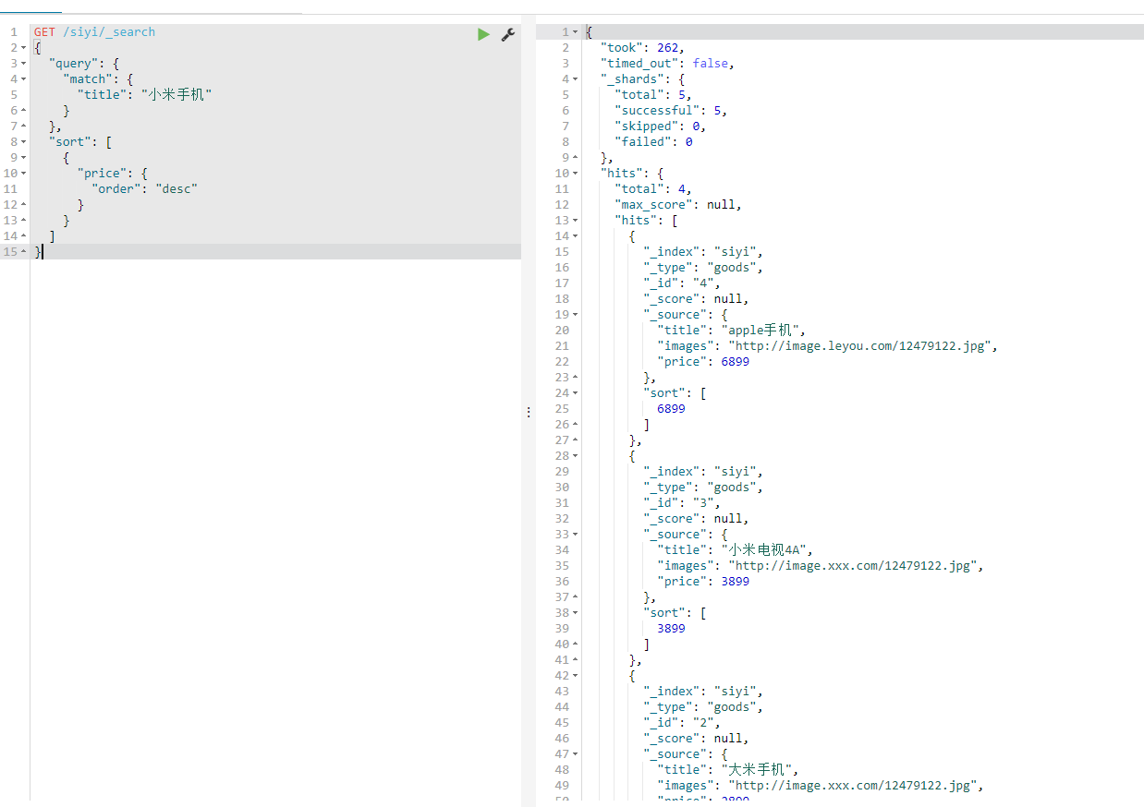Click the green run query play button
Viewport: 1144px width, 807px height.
tap(483, 34)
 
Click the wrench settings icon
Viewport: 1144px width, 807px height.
tap(507, 34)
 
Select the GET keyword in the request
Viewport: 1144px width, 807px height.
tap(44, 32)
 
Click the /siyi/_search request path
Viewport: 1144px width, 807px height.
tap(109, 32)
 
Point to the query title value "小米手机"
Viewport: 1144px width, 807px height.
tap(176, 94)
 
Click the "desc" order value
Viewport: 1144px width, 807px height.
tap(176, 188)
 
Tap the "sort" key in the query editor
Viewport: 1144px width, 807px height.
tap(70, 141)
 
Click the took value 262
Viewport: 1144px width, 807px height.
tap(669, 47)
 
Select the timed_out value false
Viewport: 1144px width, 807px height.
tap(712, 63)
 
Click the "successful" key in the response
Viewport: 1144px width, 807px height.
tap(654, 110)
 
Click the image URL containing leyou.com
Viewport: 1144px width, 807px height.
tap(862, 345)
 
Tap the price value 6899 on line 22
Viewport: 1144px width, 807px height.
tap(735, 361)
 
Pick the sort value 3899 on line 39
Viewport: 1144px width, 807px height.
tap(671, 628)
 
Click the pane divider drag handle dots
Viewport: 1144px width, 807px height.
tap(529, 412)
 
